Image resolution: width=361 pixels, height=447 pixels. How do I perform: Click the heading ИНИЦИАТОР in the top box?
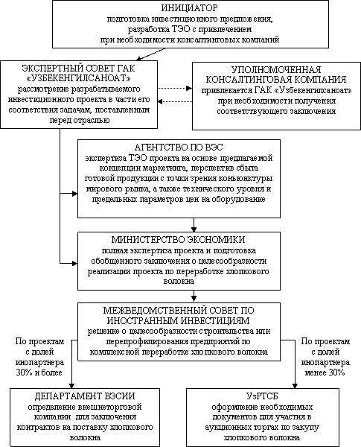coord(190,7)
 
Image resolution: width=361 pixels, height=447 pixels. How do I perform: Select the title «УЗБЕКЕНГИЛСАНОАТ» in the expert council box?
coord(79,77)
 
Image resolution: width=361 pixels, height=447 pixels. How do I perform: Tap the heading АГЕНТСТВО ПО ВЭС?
coord(179,148)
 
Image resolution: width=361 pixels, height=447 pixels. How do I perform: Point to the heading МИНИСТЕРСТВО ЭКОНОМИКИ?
coord(179,239)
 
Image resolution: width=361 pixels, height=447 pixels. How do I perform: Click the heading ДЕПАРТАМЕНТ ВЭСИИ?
coord(85,396)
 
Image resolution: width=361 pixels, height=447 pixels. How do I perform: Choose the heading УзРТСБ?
coord(262,396)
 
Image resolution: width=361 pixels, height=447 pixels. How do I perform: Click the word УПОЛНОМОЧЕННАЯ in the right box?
coord(276,69)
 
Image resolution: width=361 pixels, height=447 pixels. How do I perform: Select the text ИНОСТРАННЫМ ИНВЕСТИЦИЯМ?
coord(179,320)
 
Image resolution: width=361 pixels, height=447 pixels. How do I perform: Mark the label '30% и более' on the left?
coord(39,372)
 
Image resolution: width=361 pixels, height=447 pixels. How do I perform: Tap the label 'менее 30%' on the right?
coord(325,372)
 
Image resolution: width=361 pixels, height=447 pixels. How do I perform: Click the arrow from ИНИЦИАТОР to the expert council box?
coord(151,54)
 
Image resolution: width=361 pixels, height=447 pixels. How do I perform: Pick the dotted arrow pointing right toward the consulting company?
coord(175,89)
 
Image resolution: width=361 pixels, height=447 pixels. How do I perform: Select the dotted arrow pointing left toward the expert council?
coord(175,101)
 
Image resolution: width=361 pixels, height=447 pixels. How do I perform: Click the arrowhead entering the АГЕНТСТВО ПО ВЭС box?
coord(75,194)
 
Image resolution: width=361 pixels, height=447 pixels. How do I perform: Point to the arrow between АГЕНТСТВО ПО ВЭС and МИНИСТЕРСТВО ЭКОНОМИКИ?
coord(194,225)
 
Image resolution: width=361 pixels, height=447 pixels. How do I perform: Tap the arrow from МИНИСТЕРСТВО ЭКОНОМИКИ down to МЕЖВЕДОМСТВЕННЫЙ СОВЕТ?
coord(194,297)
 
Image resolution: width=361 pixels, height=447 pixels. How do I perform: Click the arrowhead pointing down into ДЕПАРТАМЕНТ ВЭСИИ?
coord(72,385)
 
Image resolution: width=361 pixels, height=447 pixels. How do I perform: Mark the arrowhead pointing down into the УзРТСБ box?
coord(295,385)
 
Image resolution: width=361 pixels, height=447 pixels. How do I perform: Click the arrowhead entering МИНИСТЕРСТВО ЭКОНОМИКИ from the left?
coord(75,263)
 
